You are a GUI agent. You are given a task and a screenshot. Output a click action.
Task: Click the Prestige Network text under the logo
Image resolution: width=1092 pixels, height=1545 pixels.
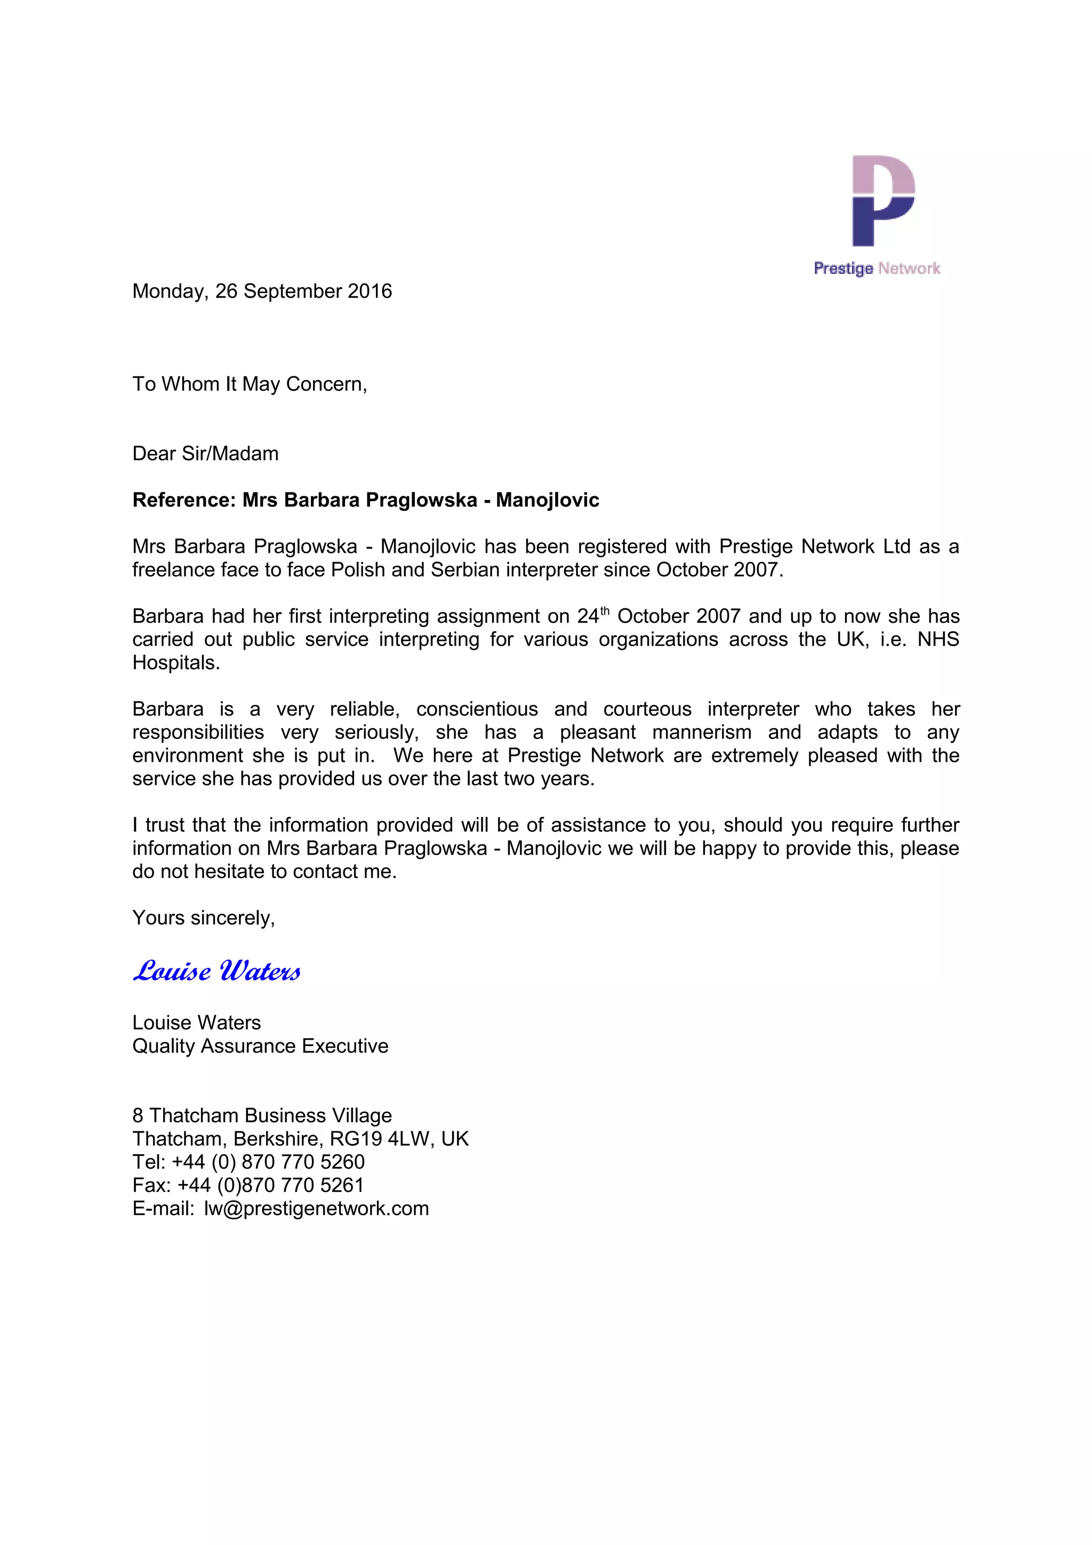tap(876, 269)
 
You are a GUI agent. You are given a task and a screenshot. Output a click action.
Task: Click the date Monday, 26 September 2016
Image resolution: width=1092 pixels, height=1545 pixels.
tap(262, 292)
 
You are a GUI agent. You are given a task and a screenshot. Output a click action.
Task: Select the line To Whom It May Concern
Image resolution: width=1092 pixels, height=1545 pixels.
tap(249, 384)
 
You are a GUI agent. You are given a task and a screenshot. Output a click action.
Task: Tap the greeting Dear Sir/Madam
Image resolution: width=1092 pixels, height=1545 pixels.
tap(205, 454)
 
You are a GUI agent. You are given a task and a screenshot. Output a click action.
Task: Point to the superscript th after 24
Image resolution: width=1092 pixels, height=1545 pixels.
tap(604, 610)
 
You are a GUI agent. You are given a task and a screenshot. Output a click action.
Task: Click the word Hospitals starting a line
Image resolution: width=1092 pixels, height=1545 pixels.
tap(175, 663)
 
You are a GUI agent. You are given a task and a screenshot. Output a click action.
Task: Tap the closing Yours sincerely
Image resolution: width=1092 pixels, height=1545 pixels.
tap(203, 918)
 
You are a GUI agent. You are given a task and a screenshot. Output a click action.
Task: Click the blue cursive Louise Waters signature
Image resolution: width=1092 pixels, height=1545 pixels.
tap(216, 971)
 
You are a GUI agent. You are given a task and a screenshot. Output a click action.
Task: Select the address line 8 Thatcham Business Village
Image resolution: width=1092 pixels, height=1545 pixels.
tap(262, 1116)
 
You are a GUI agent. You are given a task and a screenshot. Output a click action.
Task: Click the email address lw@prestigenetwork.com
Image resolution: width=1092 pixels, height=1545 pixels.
tap(316, 1209)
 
